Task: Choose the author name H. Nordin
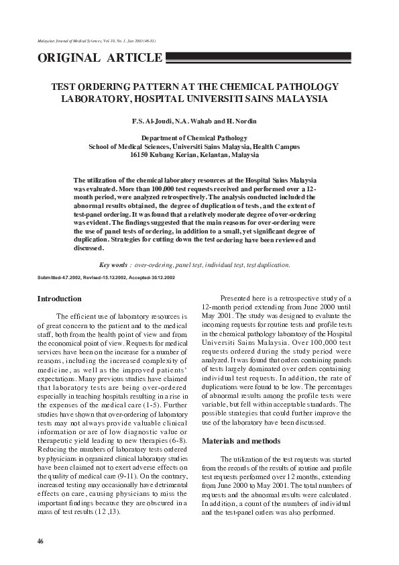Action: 238,121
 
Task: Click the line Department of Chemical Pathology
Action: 194,138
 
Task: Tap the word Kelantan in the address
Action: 214,154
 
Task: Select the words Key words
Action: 113,265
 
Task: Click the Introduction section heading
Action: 60,299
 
